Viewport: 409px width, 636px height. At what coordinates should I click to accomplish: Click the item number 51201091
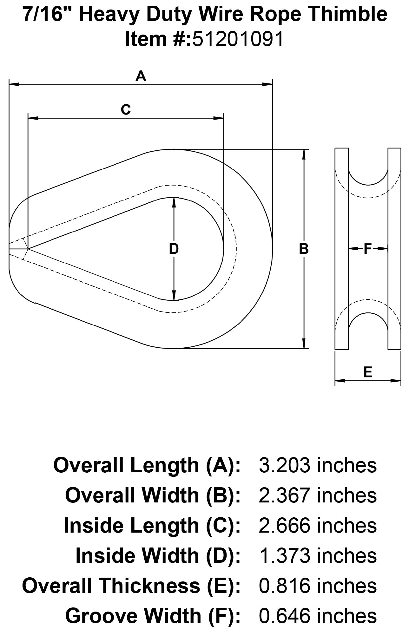tap(238, 40)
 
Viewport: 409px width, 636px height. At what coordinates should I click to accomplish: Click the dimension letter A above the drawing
tap(141, 76)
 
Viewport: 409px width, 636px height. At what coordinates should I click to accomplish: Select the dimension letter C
tap(126, 110)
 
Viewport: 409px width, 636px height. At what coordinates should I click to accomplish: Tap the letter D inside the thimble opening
tap(174, 249)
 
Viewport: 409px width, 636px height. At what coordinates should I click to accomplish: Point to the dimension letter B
tap(304, 249)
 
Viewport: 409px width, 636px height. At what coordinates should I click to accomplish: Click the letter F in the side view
tap(367, 249)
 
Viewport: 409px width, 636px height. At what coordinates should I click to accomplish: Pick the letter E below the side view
tap(367, 372)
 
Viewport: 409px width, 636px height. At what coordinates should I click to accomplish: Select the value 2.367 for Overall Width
tap(284, 496)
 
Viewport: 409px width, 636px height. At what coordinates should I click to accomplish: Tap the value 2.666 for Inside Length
tap(284, 526)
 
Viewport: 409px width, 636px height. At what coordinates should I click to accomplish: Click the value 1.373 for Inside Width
tap(284, 556)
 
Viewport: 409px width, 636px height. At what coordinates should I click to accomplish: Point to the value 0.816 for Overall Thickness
tap(284, 586)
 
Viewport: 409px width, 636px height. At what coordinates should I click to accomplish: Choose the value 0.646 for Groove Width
tap(284, 616)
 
